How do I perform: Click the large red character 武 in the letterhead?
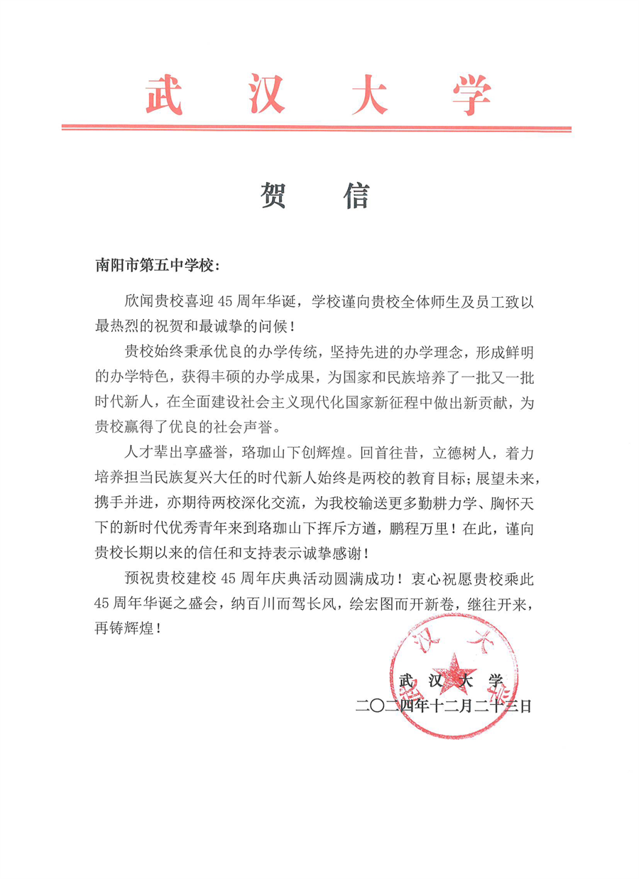pos(164,95)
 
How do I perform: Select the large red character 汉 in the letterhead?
pos(266,95)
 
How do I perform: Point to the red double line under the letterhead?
pos(317,129)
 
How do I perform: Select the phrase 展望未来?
pos(512,477)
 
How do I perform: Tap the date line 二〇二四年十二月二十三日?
pos(444,707)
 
